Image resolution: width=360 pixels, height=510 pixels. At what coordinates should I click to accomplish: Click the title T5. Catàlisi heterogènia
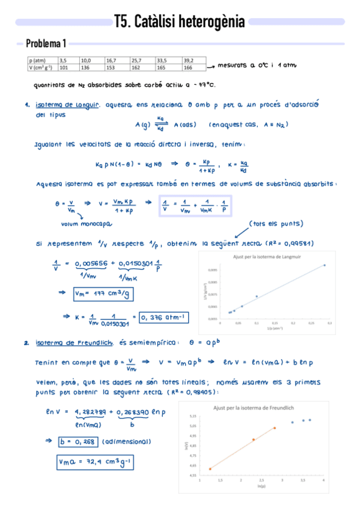point(179,23)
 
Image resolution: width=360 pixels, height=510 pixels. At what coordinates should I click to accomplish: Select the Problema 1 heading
point(46,44)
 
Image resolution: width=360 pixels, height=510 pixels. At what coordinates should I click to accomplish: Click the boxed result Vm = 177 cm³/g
point(103,294)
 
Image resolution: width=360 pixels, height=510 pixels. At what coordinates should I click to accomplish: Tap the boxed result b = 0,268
point(78,441)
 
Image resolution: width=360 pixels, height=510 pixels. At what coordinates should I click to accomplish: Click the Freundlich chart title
point(253,408)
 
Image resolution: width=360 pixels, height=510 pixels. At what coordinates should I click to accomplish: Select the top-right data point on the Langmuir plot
point(325,265)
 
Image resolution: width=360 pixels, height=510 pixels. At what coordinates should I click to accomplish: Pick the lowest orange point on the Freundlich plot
point(210,469)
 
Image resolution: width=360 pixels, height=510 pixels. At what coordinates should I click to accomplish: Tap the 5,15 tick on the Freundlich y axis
point(192,416)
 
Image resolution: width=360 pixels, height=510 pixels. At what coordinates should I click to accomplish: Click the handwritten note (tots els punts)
point(276,224)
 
